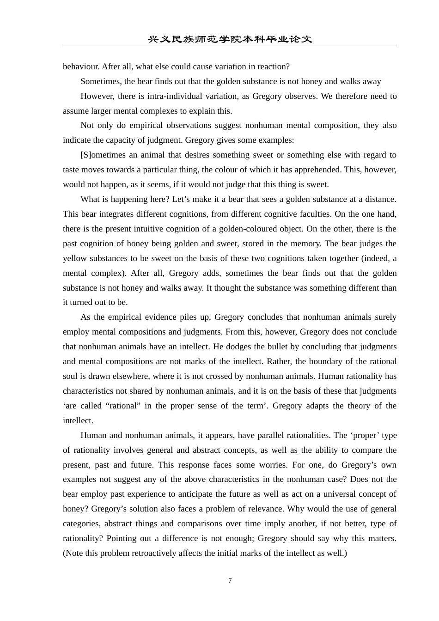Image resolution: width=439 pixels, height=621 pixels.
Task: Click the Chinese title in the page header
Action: point(230,39)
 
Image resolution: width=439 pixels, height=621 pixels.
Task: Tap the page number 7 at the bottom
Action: point(230,580)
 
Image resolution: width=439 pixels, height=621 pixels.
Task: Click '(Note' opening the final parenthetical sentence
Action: point(73,553)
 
